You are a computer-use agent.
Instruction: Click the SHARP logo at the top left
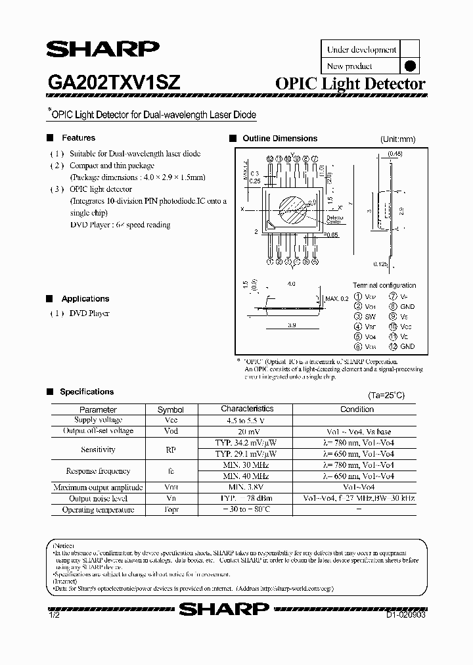point(102,50)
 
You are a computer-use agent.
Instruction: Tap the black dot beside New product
point(409,66)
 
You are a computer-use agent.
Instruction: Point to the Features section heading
point(78,138)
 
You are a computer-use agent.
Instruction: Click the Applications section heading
point(85,298)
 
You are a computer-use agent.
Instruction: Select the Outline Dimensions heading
point(280,139)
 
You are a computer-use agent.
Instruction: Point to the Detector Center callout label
point(335,219)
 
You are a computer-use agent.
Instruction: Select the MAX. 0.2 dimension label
point(336,299)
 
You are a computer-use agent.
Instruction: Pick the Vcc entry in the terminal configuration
point(405,326)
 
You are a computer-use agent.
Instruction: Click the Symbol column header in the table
point(171,409)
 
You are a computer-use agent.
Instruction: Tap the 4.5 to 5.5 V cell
point(246,420)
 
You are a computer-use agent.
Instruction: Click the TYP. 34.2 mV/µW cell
point(246,444)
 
